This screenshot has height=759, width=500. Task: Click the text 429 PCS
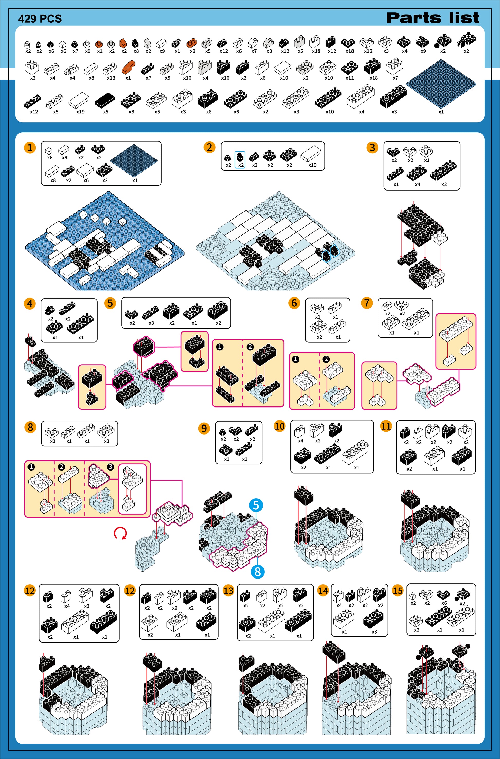pos(40,19)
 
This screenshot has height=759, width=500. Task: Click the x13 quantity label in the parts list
pos(111,78)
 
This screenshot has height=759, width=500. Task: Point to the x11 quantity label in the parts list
pos(349,78)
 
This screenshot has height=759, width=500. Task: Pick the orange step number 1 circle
pos(30,148)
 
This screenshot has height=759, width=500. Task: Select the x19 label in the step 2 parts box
pos(312,165)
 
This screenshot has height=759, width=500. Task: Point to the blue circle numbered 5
pos(256,505)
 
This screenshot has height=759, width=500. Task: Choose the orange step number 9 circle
pos(204,428)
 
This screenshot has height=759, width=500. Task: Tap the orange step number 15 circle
pos(397,591)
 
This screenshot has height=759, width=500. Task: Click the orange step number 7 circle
pos(367,303)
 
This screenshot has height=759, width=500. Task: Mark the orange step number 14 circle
pos(323,591)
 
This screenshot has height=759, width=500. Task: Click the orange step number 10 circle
pos(280,427)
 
